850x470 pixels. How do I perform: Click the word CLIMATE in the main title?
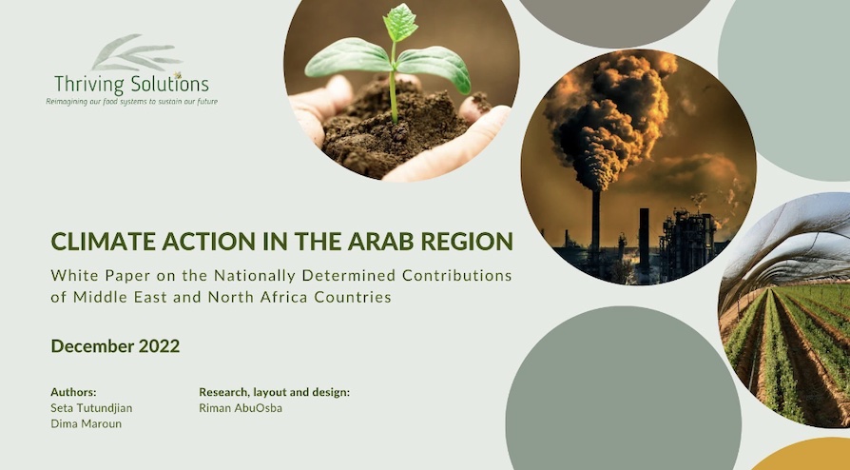(99, 242)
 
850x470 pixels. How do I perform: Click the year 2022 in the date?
(159, 346)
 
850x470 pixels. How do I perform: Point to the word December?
(92, 346)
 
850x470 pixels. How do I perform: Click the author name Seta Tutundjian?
(91, 408)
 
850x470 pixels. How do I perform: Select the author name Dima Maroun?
(86, 424)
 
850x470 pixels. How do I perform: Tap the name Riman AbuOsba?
(241, 408)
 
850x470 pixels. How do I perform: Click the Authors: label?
(73, 392)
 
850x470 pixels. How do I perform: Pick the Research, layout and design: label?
(274, 392)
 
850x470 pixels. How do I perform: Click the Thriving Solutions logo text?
(132, 85)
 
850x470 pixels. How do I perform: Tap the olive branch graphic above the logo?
(136, 52)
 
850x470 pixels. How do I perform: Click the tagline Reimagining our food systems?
(132, 102)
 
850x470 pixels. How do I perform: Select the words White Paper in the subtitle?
(101, 276)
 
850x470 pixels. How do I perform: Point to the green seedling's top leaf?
(400, 22)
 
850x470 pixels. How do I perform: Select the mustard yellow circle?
(802, 455)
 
